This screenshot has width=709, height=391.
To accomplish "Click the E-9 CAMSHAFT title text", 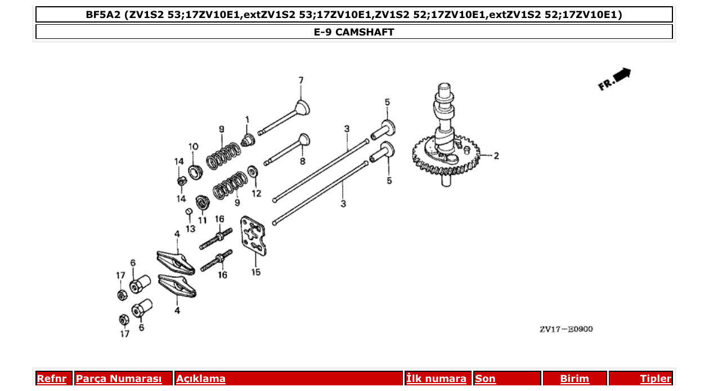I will point(354,32).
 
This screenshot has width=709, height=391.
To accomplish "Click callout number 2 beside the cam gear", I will point(496,156).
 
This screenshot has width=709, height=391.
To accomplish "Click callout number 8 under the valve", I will point(302,161).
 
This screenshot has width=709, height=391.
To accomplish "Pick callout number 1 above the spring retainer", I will point(246,119).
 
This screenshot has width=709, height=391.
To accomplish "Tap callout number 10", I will point(193,146).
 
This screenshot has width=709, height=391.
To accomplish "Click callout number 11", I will point(202,220).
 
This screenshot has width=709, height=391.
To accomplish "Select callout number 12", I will point(256,193).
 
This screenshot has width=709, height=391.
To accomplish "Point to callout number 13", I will point(190,228).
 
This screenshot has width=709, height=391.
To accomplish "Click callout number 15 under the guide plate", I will point(256,272).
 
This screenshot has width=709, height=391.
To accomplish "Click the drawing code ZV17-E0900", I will point(566,330).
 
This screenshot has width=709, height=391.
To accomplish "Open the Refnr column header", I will point(52,379).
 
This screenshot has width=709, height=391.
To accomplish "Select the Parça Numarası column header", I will point(119,379).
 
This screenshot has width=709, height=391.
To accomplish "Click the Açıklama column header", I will point(201,379).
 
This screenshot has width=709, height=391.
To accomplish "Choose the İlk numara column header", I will point(437,379).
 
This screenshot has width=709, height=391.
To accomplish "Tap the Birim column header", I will point(575,379).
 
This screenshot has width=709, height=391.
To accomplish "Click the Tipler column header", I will point(656,379).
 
